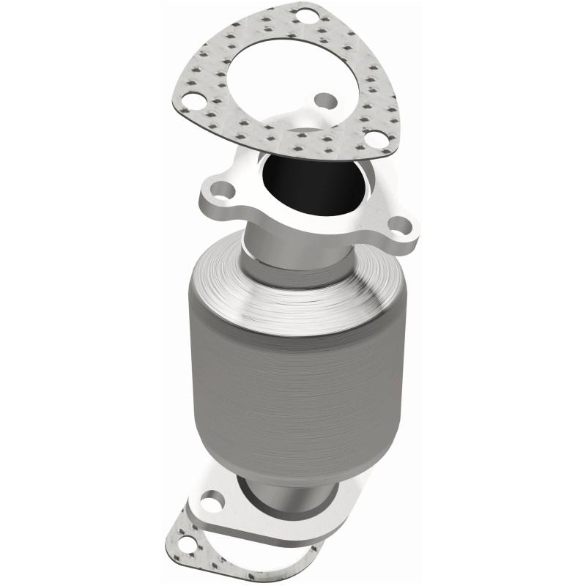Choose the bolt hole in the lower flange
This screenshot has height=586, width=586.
210,503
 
